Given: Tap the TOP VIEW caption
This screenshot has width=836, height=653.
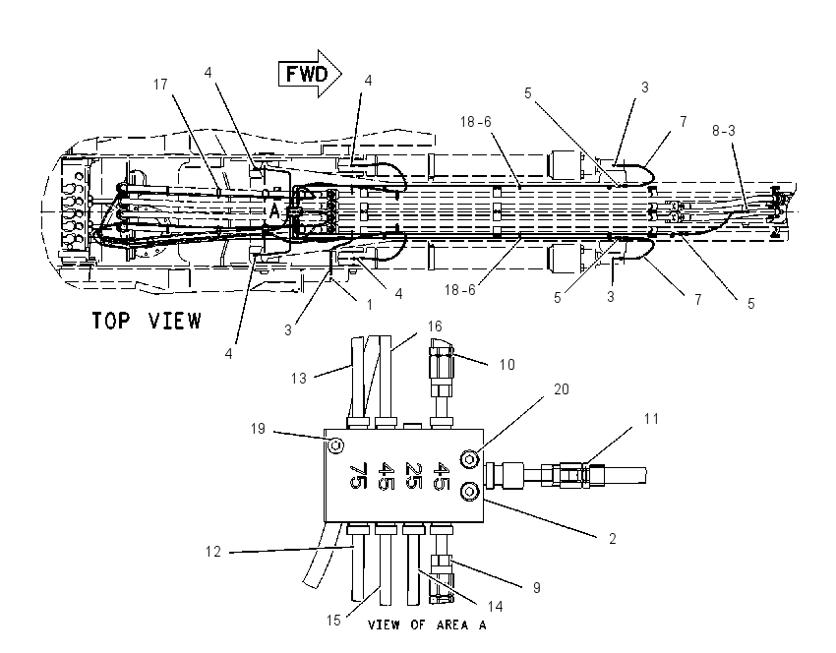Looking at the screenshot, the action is click(148, 321).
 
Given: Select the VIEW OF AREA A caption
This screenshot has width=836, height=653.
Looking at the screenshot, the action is click(427, 624).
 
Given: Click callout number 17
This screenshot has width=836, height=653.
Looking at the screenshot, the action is click(160, 85).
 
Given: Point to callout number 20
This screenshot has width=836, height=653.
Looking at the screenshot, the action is click(562, 389).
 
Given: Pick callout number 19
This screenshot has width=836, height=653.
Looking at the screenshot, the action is click(258, 429).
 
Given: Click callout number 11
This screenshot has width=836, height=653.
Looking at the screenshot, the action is click(651, 419).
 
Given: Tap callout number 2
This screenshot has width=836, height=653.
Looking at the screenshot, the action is click(612, 539).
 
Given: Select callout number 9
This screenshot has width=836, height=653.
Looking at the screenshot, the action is click(536, 587).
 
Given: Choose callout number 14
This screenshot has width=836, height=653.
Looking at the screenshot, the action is click(496, 606).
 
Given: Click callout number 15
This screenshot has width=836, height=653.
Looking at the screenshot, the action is click(333, 621).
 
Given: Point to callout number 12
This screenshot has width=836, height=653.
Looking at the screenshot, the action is click(213, 551).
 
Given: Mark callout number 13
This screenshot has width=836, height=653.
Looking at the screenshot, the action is click(299, 378).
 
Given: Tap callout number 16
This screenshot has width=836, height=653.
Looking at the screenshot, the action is click(435, 326).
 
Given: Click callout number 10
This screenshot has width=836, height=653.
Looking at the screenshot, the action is click(508, 364).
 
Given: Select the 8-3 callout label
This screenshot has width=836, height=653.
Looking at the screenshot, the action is click(724, 131).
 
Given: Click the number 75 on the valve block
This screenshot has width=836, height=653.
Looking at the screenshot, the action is click(357, 476).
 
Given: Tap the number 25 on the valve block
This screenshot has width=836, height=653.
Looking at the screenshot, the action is click(414, 476).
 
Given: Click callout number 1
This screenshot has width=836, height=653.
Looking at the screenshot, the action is click(370, 305).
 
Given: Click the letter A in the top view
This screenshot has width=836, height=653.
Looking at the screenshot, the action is click(274, 211).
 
